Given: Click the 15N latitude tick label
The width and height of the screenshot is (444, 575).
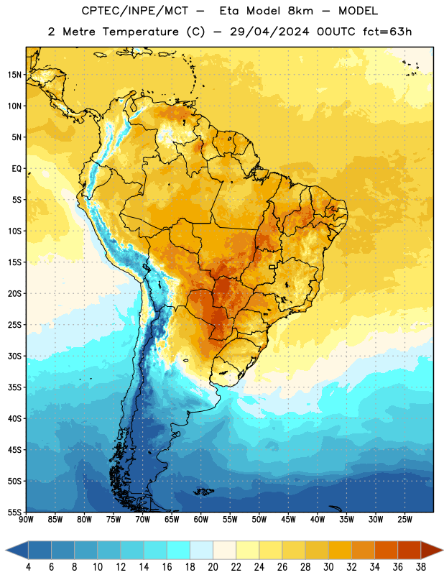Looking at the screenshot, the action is tap(14, 75).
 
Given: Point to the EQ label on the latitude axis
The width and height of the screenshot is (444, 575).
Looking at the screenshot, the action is tap(17, 169).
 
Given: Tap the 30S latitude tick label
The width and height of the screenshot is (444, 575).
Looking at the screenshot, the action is tap(14, 356).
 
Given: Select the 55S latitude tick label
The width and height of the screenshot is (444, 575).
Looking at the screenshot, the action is tap(14, 512).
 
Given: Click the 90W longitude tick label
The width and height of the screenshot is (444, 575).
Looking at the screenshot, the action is tap(26, 519).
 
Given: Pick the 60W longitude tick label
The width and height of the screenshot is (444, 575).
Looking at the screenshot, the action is tap(201, 519).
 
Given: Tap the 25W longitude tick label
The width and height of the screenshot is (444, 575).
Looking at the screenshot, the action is tap(404, 519).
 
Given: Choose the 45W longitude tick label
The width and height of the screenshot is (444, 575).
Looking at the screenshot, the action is tap(288, 519).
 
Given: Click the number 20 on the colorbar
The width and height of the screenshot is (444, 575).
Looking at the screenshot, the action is tap(213, 567).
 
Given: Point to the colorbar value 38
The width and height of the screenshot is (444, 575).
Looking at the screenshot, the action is tap(421, 567).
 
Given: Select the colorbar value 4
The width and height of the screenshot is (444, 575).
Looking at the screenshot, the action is tap(28, 567).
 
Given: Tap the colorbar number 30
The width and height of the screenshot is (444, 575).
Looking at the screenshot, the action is tap(328, 567).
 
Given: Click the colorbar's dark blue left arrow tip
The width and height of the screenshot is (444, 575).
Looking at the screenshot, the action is tap(6, 550).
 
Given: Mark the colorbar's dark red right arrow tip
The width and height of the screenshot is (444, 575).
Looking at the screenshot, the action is tap(443, 550).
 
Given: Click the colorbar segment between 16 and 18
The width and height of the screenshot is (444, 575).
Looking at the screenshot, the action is tap(178, 550).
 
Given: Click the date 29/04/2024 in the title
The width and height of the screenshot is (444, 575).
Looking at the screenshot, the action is tap(269, 32).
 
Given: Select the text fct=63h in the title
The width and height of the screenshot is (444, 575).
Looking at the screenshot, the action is tap(387, 32).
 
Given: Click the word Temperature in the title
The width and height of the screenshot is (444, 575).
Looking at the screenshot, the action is tap(140, 32).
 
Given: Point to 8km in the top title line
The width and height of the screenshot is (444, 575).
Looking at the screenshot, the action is tap(300, 11).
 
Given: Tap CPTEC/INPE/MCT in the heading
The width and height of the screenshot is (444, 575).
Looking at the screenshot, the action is tap(134, 11).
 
